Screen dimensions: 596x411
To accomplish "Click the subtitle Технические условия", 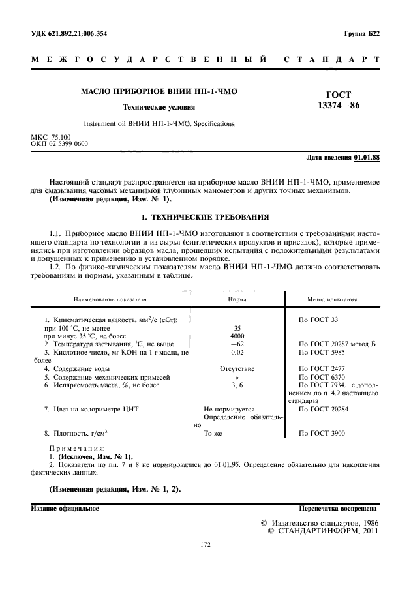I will point(159,106).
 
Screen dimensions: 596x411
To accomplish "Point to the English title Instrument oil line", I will point(159,123).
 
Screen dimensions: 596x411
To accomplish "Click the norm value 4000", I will point(237,336).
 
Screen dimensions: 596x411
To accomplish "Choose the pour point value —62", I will point(237,344).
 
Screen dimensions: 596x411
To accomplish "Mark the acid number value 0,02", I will point(237,352).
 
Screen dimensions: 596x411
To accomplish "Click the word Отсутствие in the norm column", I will point(237,368).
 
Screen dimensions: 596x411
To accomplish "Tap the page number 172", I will point(205,546).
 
